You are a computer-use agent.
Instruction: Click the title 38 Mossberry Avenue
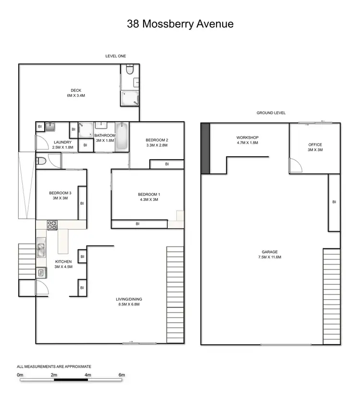[x=180, y=24]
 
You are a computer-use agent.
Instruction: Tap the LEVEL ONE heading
[x=116, y=56]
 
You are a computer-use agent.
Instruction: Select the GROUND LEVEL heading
[x=271, y=113]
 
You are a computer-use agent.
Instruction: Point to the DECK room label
[x=76, y=90]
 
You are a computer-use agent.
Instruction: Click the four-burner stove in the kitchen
[x=52, y=224]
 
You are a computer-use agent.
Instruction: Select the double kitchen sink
[x=42, y=249]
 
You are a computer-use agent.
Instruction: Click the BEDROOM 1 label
[x=149, y=194]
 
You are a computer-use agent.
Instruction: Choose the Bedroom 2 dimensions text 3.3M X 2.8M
[x=156, y=145]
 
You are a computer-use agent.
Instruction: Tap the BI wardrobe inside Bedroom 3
[x=82, y=203]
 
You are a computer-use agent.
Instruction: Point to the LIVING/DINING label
[x=129, y=299]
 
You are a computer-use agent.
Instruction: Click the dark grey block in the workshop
[x=205, y=149]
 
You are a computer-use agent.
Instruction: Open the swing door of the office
[x=295, y=165]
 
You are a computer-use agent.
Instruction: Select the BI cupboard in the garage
[x=334, y=202]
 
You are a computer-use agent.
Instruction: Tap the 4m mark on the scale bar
[x=88, y=374]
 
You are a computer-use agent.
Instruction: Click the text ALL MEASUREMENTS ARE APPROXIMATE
[x=54, y=366]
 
